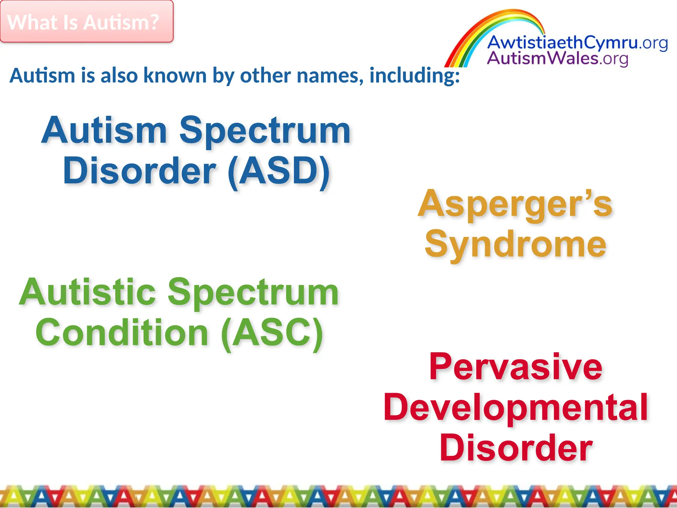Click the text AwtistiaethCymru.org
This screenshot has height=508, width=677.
[577, 43]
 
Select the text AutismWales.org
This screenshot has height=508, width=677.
[557, 59]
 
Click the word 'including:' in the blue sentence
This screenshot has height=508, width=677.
[415, 75]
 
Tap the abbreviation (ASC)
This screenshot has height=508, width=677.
[272, 333]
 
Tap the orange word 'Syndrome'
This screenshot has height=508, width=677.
[515, 245]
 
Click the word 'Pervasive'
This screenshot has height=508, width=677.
[515, 367]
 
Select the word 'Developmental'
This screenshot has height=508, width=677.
[515, 407]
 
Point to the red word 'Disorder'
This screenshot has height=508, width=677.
[515, 448]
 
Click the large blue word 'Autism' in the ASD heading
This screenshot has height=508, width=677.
[104, 131]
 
